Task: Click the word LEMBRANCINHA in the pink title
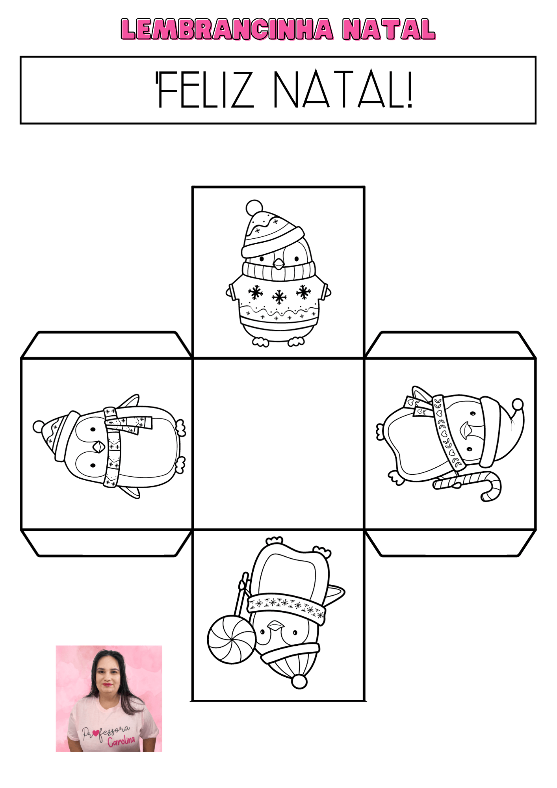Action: pyautogui.click(x=227, y=30)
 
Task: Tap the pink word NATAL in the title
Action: pyautogui.click(x=389, y=30)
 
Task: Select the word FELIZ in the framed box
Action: pyautogui.click(x=205, y=89)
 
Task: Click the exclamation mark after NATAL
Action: pyautogui.click(x=410, y=89)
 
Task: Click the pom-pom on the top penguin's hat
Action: pyautogui.click(x=254, y=208)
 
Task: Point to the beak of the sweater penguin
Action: pyautogui.click(x=278, y=264)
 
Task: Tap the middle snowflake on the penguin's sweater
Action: pyautogui.click(x=279, y=297)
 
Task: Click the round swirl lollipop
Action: pyautogui.click(x=232, y=639)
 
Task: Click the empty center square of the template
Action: pyautogui.click(x=278, y=444)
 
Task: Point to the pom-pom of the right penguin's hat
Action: pyautogui.click(x=518, y=405)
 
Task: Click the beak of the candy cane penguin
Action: pyautogui.click(x=467, y=430)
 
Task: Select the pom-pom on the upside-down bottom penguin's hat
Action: pyautogui.click(x=299, y=681)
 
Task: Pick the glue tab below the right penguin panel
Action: pyautogui.click(x=450, y=543)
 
